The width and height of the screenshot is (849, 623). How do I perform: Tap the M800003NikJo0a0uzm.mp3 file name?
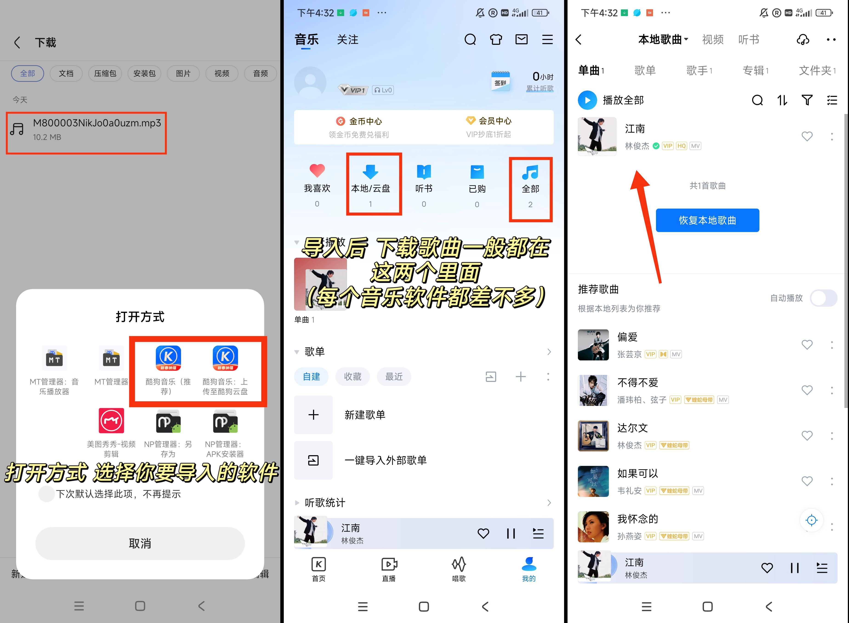point(97,123)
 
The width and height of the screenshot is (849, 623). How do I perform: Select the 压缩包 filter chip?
point(105,73)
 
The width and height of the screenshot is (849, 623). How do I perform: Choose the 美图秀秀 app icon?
point(111,420)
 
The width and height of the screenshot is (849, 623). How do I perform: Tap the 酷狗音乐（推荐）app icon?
point(168,358)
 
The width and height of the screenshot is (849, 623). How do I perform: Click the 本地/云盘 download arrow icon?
point(370,172)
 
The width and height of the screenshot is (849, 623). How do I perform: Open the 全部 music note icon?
point(530,172)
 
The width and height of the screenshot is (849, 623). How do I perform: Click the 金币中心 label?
point(366,121)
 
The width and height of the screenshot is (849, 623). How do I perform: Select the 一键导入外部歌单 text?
point(386,460)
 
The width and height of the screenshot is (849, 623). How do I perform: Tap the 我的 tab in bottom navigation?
point(529,569)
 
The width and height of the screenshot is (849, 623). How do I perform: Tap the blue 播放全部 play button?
point(587,100)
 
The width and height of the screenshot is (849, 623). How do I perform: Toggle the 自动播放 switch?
point(824,298)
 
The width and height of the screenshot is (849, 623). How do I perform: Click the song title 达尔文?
point(633,428)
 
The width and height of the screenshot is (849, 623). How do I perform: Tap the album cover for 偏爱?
point(593,345)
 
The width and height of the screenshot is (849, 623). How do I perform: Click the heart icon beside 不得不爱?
point(807,390)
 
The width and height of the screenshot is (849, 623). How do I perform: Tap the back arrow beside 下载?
point(17,42)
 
